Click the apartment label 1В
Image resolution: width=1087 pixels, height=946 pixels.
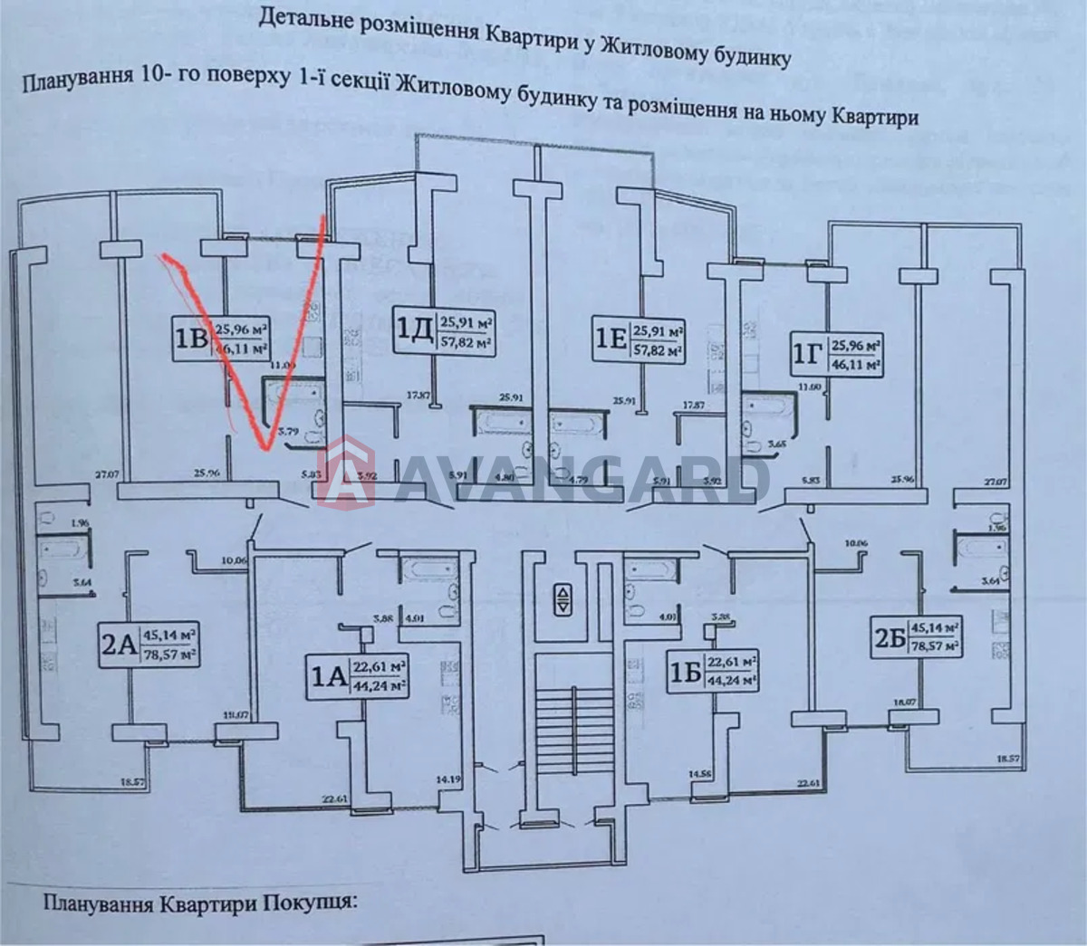190,337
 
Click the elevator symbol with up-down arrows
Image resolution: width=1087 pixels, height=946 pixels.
563,599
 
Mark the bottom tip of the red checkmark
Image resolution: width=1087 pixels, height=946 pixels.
265,448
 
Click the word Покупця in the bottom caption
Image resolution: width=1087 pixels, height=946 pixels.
308,902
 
